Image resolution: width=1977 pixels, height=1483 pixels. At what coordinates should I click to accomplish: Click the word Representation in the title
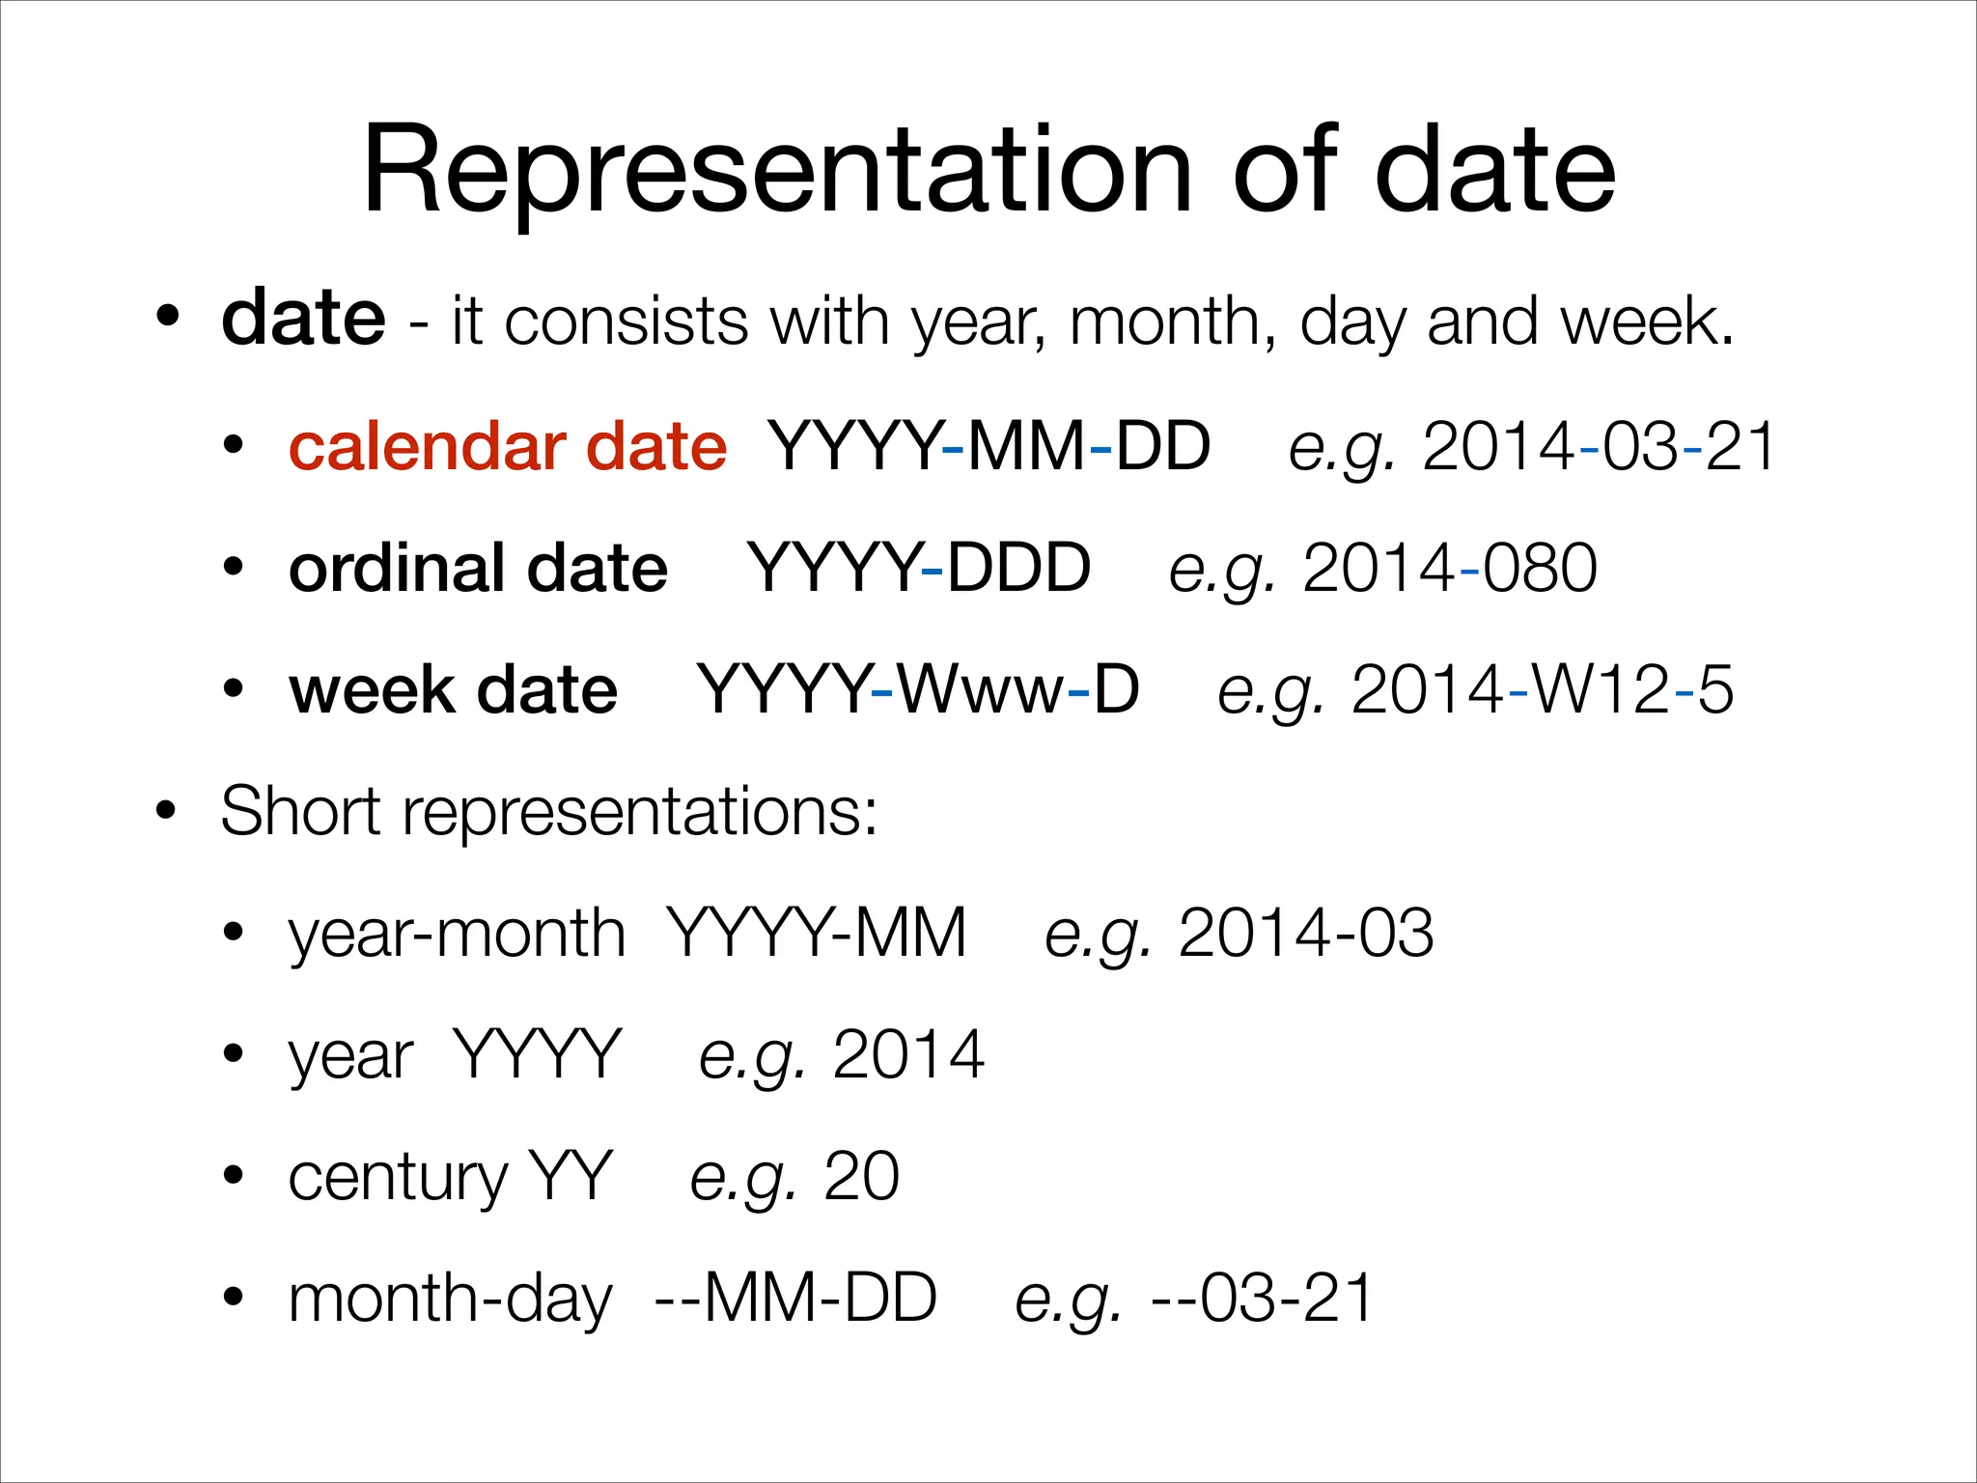[778, 172]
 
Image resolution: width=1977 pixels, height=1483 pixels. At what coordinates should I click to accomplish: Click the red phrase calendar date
[508, 447]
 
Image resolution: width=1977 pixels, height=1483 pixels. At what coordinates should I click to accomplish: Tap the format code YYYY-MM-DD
[988, 447]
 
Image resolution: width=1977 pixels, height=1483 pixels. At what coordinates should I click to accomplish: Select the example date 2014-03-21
[1599, 447]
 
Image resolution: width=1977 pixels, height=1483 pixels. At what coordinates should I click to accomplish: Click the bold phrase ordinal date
[478, 569]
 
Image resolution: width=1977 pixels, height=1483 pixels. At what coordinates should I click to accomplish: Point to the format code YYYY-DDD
[918, 569]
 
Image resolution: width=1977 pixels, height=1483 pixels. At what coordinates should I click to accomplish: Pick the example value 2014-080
[1450, 569]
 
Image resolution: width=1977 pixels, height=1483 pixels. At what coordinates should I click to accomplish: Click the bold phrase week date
[453, 690]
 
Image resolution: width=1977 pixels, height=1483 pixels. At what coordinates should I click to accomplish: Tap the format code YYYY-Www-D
[918, 690]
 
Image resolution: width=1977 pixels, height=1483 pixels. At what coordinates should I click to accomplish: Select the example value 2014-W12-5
[1542, 690]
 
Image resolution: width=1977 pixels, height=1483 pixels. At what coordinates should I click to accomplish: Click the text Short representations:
[549, 812]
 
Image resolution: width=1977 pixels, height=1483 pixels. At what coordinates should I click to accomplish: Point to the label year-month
[457, 934]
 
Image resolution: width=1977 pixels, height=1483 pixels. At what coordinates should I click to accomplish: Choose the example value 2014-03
[1305, 934]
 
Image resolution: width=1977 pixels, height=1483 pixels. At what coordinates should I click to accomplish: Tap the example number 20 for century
[861, 1177]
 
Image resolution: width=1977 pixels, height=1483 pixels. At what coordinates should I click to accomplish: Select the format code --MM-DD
[795, 1299]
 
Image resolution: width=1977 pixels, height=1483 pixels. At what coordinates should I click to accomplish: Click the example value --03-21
[1262, 1299]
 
